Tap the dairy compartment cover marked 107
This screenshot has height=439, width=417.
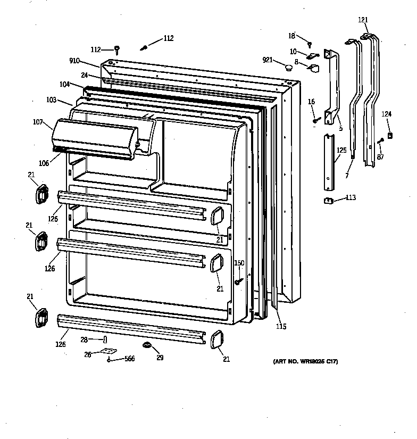click(x=93, y=138)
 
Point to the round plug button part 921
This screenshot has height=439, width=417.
click(x=289, y=67)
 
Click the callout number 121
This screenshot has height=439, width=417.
click(x=363, y=20)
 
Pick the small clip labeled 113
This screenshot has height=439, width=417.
click(x=328, y=201)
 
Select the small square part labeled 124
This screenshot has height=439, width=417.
click(x=390, y=135)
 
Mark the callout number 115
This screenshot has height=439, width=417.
click(x=281, y=326)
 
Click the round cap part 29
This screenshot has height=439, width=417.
click(x=145, y=346)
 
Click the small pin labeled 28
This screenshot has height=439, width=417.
click(x=105, y=339)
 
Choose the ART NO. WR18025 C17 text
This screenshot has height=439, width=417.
click(x=305, y=362)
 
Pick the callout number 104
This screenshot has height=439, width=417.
click(x=65, y=85)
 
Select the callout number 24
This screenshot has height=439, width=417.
click(x=85, y=75)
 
